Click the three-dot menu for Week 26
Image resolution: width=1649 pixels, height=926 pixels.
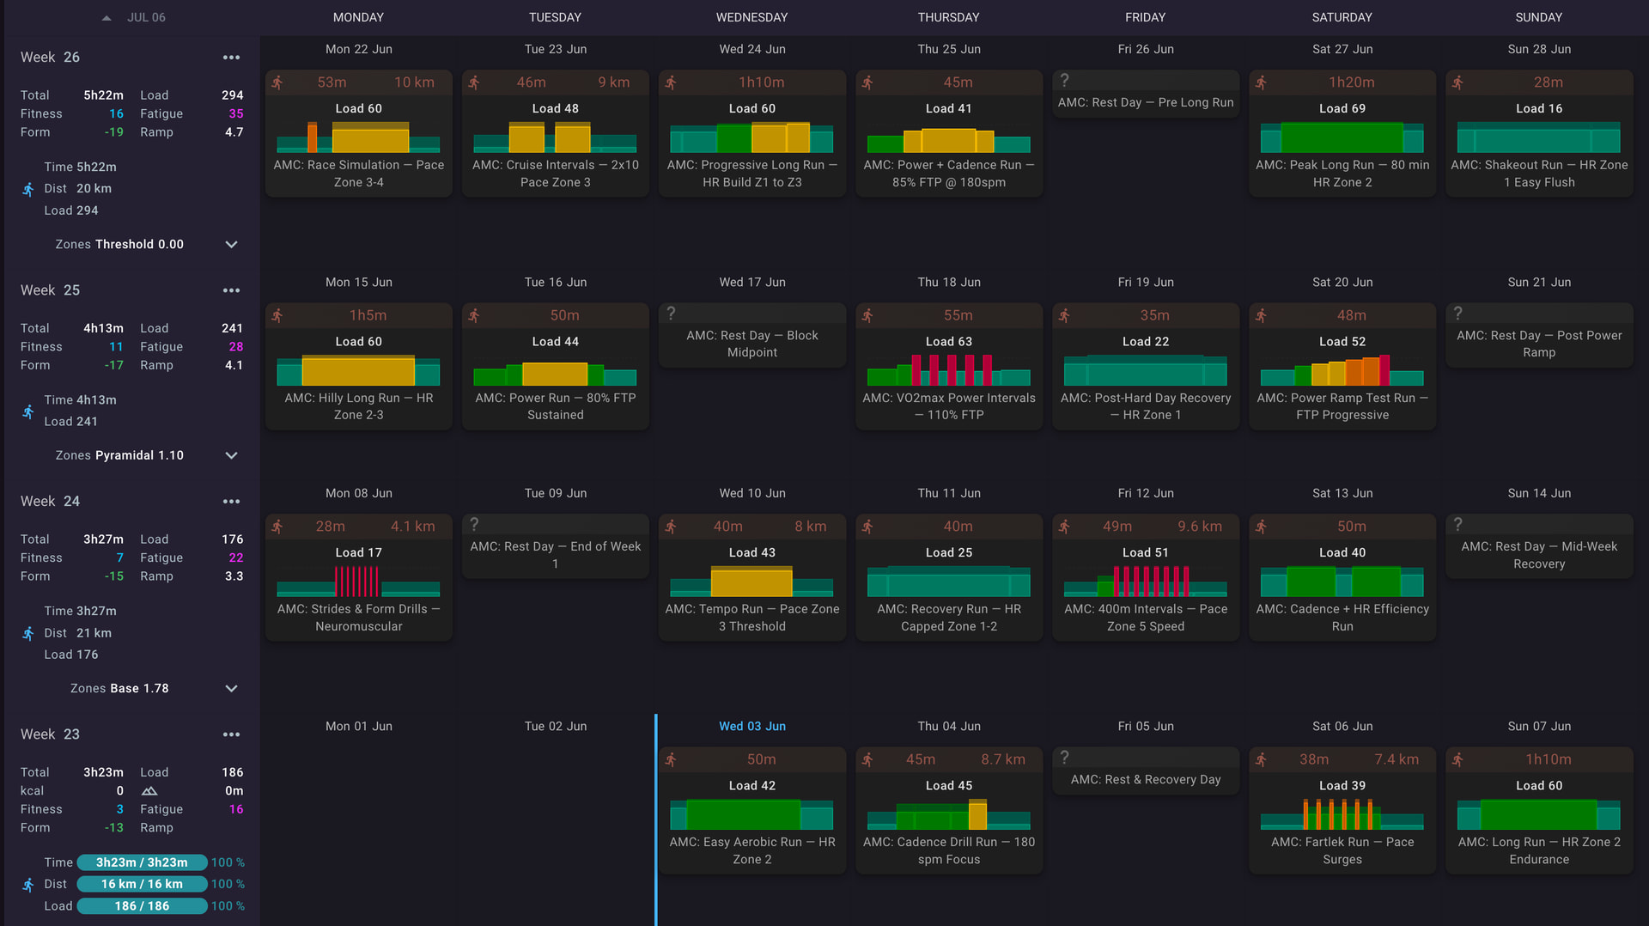click(231, 58)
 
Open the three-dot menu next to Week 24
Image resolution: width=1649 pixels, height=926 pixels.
click(231, 502)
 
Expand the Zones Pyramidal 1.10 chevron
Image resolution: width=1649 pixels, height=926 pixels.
click(231, 455)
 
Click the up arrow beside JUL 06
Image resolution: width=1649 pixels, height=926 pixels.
click(106, 18)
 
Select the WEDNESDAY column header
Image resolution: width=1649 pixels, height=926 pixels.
click(751, 17)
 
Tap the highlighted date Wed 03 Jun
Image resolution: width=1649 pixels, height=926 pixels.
click(751, 727)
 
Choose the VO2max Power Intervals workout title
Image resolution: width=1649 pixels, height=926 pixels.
click(949, 406)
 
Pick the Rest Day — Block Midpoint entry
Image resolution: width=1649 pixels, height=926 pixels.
click(751, 344)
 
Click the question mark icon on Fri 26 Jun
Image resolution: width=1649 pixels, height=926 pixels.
click(1064, 80)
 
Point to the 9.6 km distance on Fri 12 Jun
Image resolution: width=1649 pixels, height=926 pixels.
click(1200, 527)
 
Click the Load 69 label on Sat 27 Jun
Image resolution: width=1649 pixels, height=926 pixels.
click(1342, 109)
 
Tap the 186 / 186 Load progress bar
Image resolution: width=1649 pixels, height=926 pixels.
click(142, 906)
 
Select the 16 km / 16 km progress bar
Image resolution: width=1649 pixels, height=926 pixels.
click(142, 884)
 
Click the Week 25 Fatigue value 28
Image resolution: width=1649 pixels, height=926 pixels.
click(236, 347)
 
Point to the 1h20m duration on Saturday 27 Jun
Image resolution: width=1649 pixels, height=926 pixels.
click(1351, 82)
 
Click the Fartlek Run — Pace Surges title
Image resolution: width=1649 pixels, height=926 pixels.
click(1342, 851)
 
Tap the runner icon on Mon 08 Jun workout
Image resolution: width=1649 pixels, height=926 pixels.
click(277, 527)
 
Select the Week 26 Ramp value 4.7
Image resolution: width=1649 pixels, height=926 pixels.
click(234, 132)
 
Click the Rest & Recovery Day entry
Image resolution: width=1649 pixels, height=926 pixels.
click(1145, 780)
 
